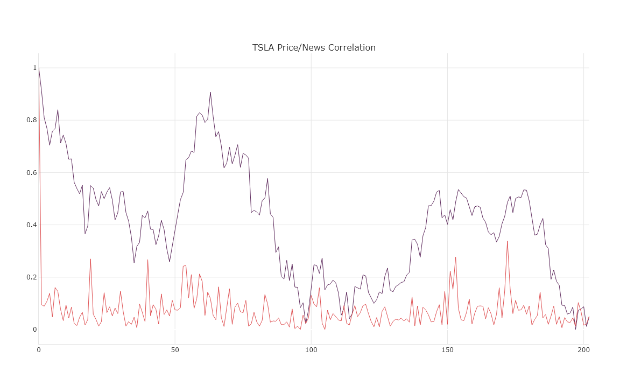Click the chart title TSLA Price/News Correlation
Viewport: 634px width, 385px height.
tap(314, 47)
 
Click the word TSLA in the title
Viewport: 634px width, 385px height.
tap(263, 47)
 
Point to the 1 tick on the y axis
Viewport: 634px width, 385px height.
tap(34, 68)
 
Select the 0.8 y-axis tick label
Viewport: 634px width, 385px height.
tap(31, 120)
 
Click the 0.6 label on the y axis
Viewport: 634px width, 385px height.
tap(31, 172)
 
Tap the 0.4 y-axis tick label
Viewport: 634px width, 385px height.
tap(31, 225)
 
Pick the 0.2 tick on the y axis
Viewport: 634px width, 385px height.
tap(31, 277)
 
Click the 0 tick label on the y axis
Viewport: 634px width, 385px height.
tap(34, 329)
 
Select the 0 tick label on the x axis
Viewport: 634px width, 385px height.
tap(39, 350)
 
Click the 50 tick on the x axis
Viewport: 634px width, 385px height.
tap(175, 350)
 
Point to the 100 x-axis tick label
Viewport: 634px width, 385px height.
tap(311, 350)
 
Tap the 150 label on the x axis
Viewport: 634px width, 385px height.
tap(447, 350)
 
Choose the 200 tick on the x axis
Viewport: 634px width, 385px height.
tap(583, 350)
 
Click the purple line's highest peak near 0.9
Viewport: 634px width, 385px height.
tap(210, 92)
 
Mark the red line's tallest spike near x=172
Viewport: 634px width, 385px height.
tap(507, 241)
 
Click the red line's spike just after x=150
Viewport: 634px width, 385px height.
tap(455, 257)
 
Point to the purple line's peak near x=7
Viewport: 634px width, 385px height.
tap(58, 110)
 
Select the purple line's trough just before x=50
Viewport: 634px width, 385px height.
tap(170, 262)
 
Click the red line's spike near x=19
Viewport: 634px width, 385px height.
tap(90, 259)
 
